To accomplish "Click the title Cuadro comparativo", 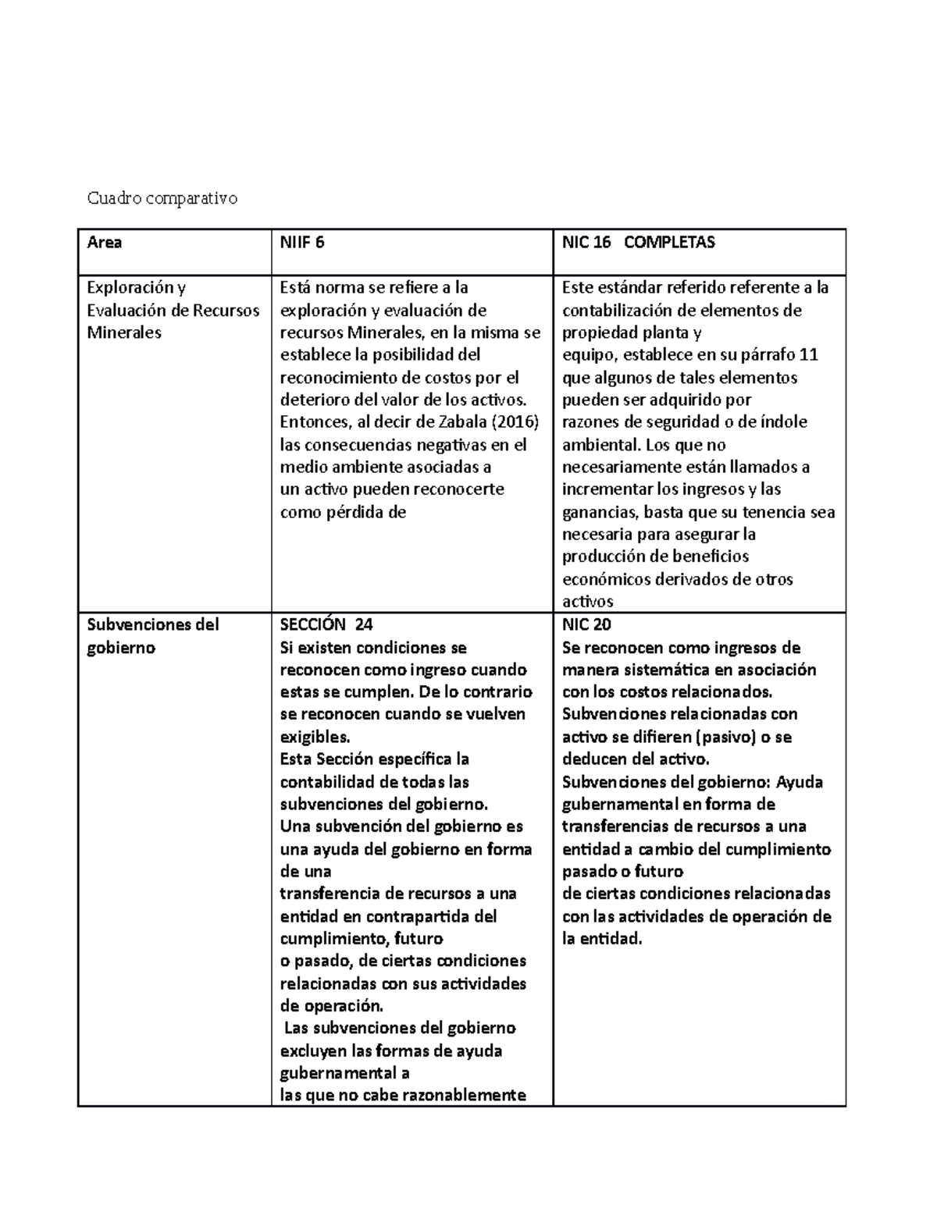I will tap(162, 198).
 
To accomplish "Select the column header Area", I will tap(104, 243).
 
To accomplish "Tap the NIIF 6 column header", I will tap(302, 243).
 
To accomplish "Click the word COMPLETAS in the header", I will tap(669, 243).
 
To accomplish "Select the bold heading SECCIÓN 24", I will tap(326, 624).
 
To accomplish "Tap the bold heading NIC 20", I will tap(586, 624).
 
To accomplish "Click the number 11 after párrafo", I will tap(809, 355).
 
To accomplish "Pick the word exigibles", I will tap(315, 737).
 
